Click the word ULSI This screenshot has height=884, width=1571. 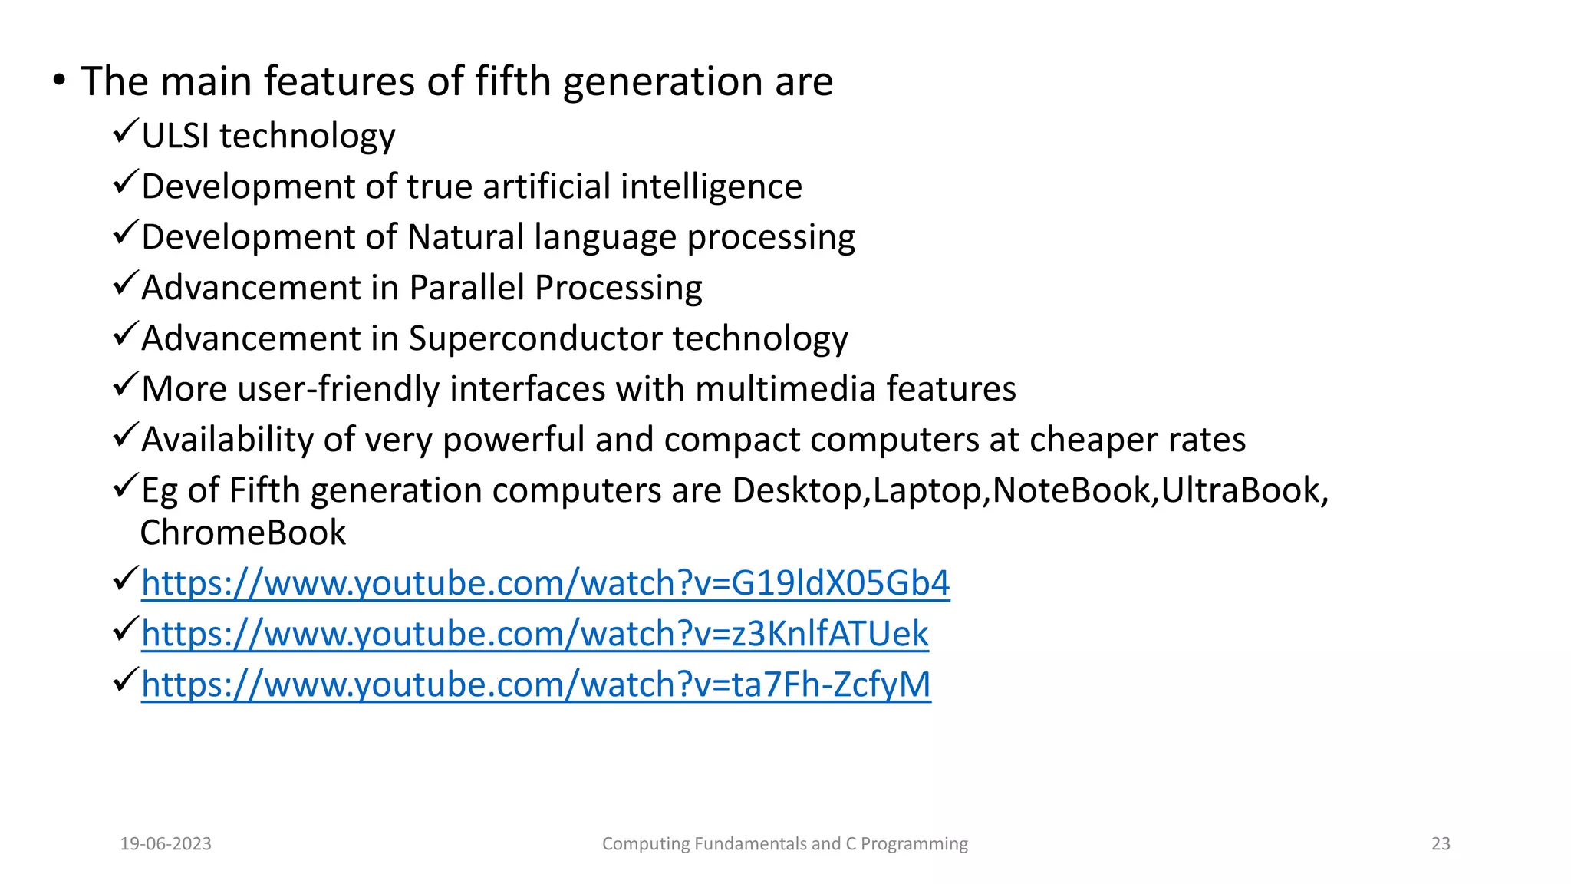click(176, 136)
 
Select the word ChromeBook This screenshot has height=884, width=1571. click(243, 533)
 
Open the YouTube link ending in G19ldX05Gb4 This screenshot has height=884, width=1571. click(545, 583)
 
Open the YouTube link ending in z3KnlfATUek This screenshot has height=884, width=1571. click(535, 634)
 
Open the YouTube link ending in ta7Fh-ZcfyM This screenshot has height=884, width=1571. click(536, 684)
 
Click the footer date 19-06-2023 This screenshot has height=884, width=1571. click(166, 844)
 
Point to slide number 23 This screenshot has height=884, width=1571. click(1441, 844)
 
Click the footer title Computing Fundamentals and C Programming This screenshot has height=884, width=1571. click(785, 844)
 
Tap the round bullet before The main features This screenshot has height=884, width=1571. click(59, 81)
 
